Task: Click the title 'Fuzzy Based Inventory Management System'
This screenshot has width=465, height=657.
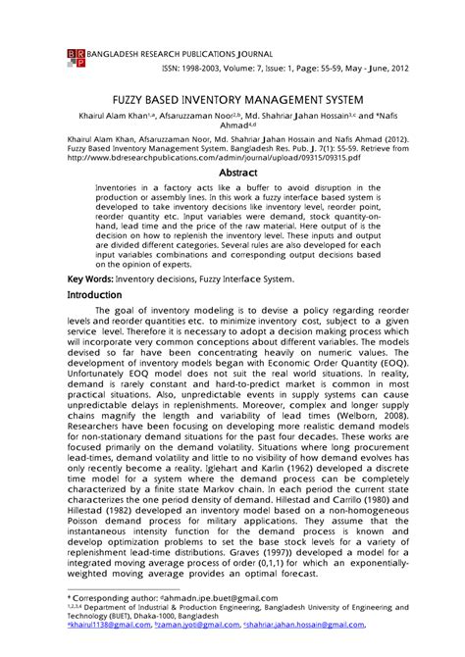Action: tap(232, 100)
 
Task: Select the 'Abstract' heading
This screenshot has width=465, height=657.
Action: tap(236, 171)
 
